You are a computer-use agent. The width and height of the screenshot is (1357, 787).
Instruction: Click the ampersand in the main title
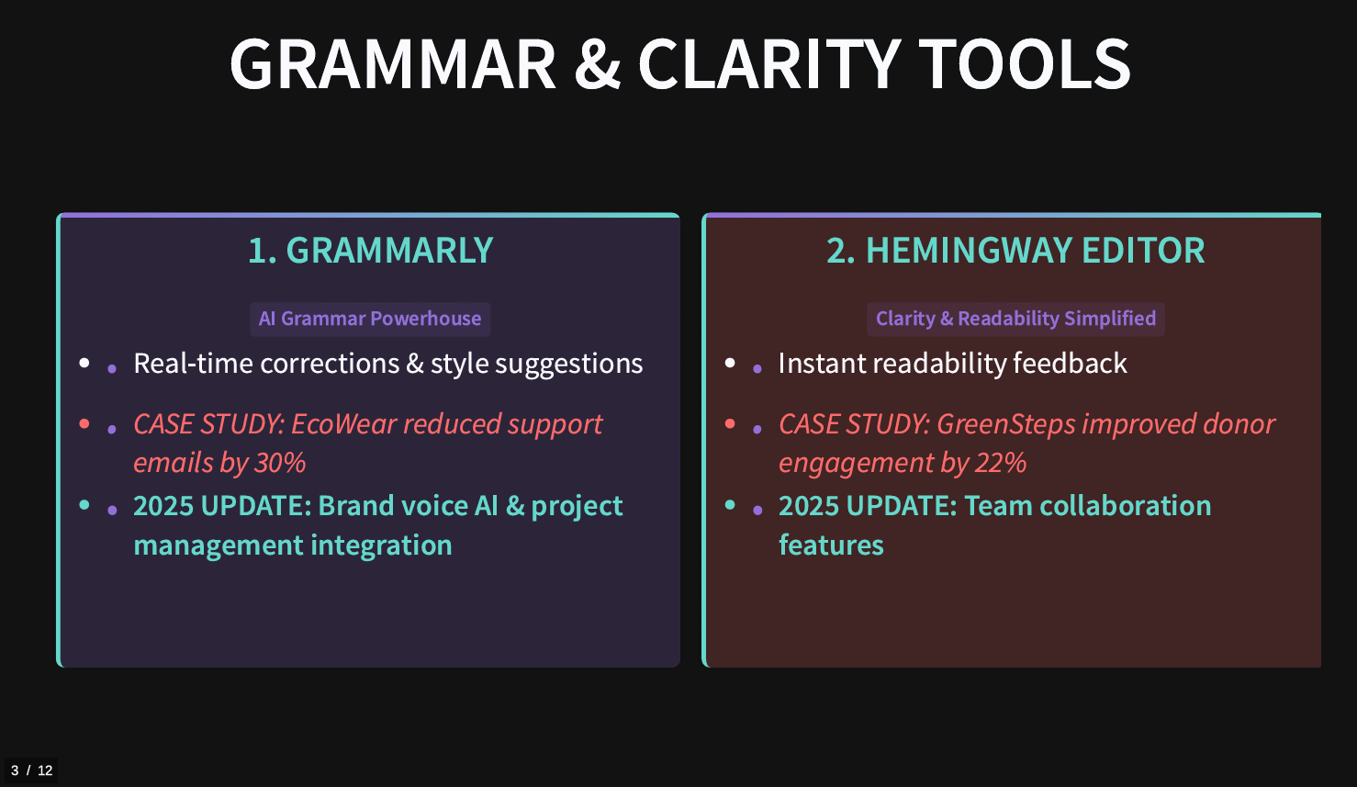point(598,64)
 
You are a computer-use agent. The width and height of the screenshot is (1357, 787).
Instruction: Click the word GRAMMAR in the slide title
point(393,64)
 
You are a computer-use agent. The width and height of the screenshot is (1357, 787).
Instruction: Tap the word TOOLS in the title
point(1025,64)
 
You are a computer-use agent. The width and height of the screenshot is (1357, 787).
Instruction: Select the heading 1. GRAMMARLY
point(371,250)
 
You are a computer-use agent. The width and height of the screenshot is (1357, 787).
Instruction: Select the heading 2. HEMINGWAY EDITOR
point(1015,250)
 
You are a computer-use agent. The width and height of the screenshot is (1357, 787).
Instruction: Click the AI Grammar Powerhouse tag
point(370,319)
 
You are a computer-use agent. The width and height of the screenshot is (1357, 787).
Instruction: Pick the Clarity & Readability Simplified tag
point(1016,319)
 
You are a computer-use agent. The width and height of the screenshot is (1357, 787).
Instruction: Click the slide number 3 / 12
point(31,770)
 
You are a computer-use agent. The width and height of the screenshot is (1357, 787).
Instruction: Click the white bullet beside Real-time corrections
point(84,363)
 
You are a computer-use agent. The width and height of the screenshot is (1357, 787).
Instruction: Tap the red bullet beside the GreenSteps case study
point(730,423)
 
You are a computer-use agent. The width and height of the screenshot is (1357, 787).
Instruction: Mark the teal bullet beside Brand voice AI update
point(84,505)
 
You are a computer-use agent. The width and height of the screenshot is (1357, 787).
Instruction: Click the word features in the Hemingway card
point(831,545)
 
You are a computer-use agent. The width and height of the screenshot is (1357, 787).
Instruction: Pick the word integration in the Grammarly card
point(382,545)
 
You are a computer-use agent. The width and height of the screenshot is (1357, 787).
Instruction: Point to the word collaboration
point(1126,506)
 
